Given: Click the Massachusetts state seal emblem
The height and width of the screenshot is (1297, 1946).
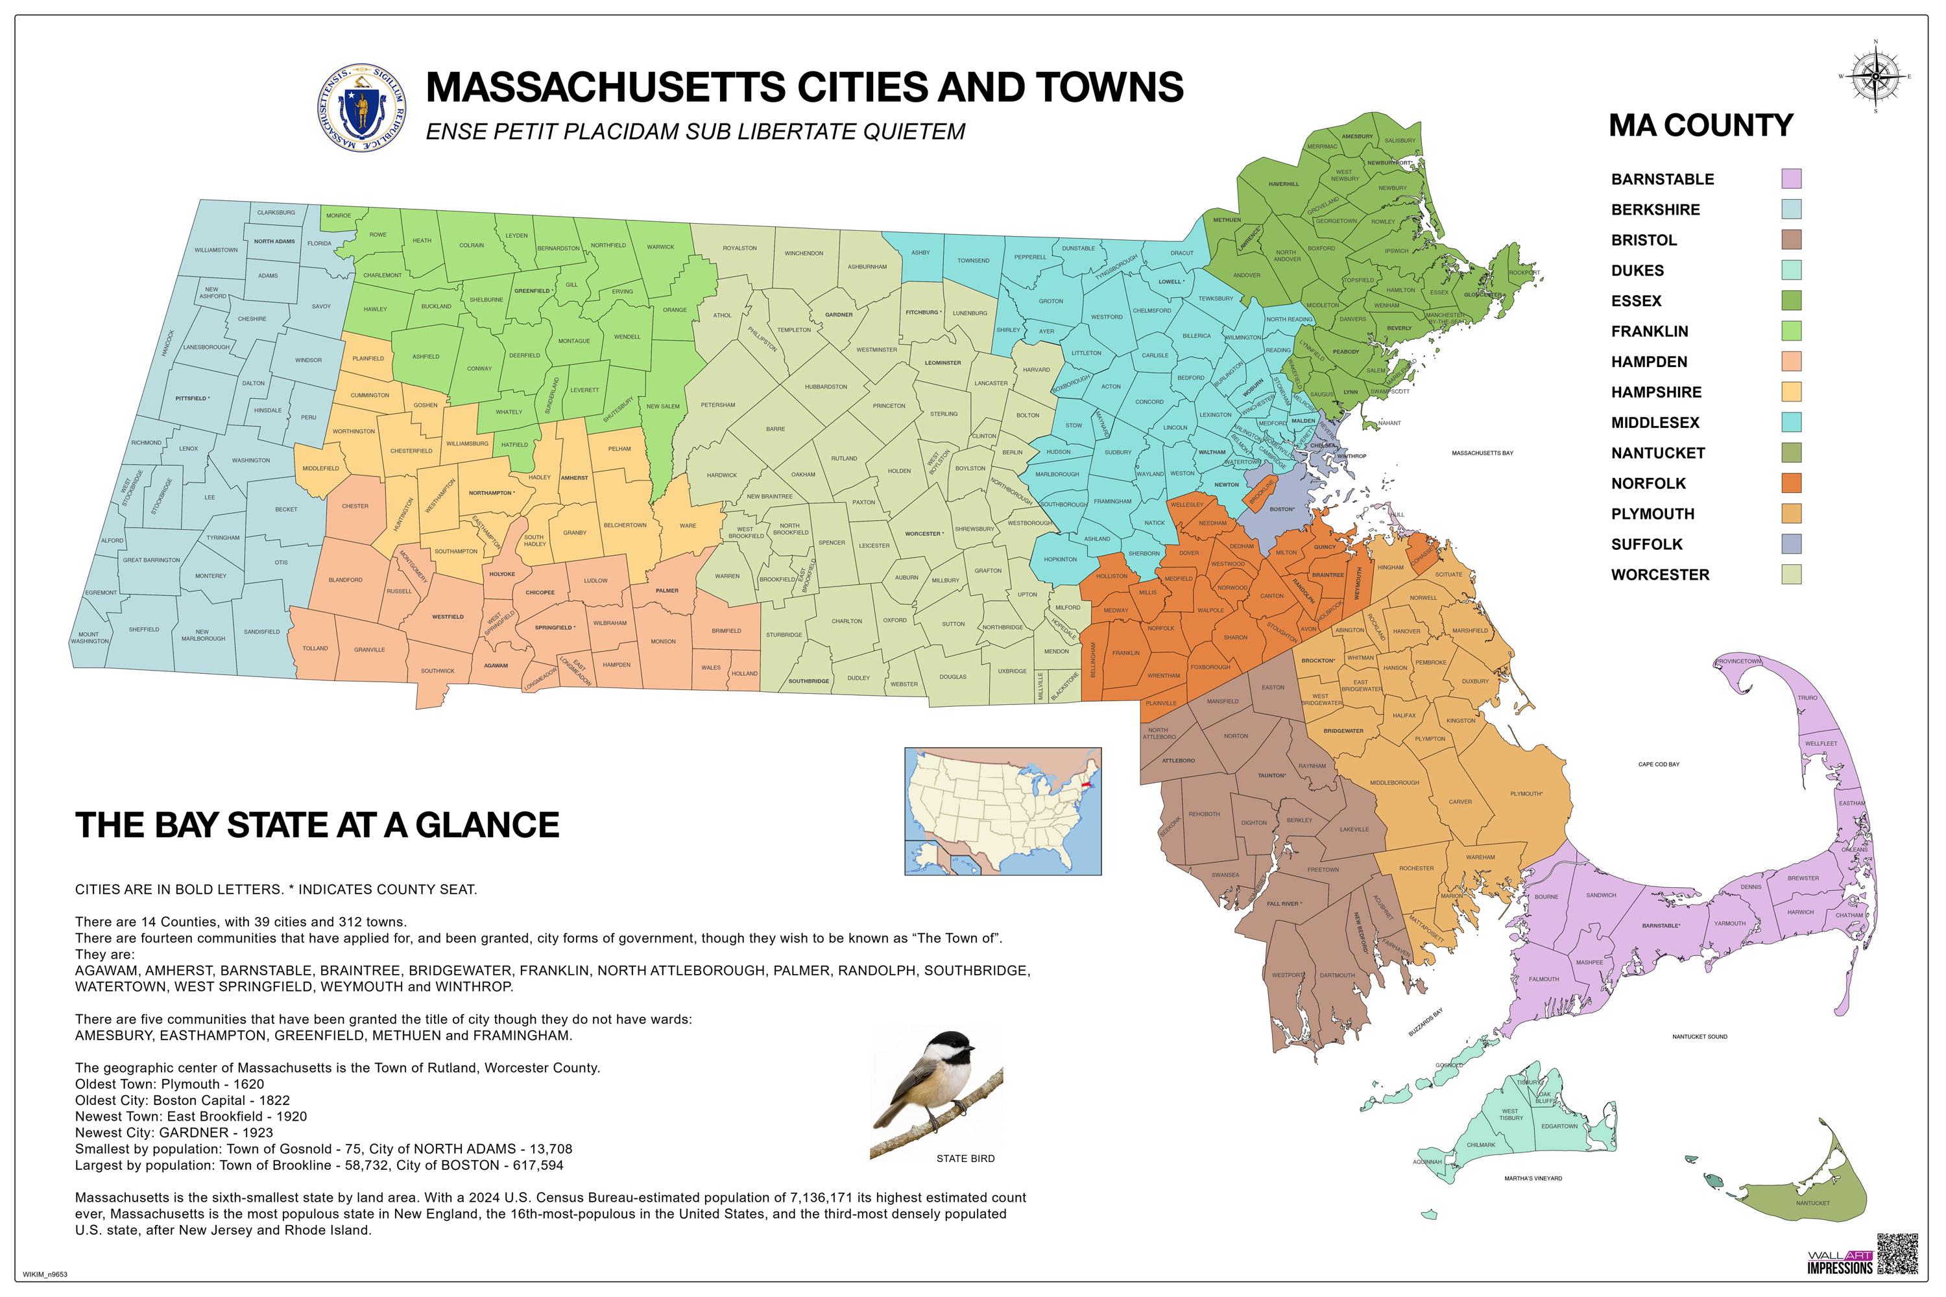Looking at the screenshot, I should [361, 108].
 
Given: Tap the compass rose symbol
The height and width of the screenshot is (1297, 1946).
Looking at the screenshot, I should [1875, 76].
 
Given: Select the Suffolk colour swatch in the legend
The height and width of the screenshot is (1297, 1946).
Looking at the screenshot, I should [1791, 544].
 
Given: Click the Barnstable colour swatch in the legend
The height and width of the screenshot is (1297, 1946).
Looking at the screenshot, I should [1791, 179].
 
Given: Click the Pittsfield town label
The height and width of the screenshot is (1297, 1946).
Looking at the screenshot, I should [192, 399].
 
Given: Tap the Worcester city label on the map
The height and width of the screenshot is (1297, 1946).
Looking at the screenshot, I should [923, 534].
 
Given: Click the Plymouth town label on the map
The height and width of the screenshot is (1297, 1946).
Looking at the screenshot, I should [1526, 794].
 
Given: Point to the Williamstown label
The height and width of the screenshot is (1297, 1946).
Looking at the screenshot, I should [216, 250].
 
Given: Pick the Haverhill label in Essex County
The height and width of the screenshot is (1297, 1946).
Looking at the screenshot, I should [1283, 184].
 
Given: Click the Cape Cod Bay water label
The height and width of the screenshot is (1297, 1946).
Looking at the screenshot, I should [1659, 765].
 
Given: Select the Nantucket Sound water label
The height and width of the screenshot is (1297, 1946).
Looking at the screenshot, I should [1700, 1036].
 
